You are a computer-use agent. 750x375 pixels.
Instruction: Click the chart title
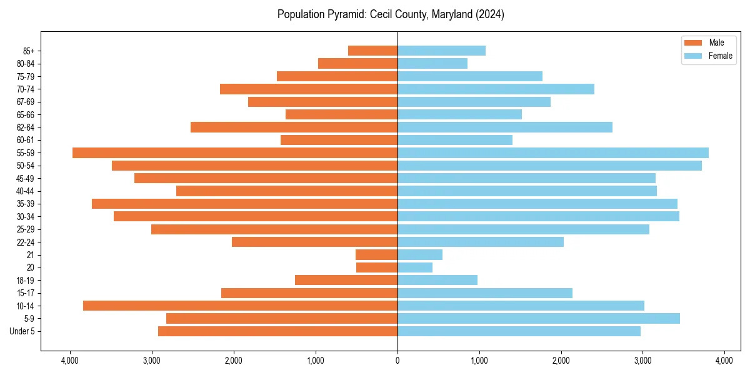click(391, 14)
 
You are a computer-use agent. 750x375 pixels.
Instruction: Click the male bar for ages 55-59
click(235, 152)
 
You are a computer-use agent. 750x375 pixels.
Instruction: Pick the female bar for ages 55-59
click(553, 152)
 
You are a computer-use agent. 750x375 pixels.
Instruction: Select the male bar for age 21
click(376, 254)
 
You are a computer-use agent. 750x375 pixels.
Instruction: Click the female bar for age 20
click(415, 267)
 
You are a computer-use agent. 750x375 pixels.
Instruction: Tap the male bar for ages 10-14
click(240, 306)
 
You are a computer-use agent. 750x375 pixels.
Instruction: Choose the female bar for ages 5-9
click(539, 318)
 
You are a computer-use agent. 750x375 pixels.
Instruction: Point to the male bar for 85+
click(372, 51)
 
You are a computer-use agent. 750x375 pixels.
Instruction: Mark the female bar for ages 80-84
click(432, 63)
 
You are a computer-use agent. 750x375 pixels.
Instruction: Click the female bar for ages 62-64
click(505, 127)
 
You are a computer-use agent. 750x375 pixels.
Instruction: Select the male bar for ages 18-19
click(346, 280)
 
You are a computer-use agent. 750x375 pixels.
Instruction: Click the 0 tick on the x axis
click(397, 361)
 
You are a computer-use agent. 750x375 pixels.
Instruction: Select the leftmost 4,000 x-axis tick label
click(70, 361)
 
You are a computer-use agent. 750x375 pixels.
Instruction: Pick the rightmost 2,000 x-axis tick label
click(561, 361)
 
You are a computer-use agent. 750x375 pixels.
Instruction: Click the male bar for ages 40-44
click(287, 191)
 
